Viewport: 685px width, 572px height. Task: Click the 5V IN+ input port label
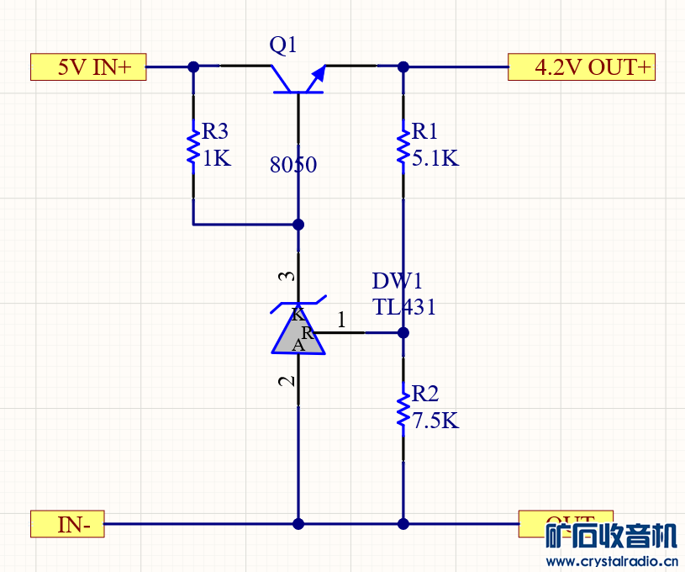point(88,67)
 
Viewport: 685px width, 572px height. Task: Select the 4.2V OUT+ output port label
point(582,67)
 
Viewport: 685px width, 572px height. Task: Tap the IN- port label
point(67,524)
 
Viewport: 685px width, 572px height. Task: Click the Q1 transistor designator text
point(283,45)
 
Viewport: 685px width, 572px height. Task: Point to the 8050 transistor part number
point(293,165)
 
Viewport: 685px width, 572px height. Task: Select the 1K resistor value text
point(216,158)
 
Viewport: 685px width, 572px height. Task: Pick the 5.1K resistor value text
point(435,158)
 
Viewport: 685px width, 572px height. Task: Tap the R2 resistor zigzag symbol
point(403,407)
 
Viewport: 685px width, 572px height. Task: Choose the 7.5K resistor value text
point(435,421)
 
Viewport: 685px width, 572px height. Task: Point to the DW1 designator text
point(397,281)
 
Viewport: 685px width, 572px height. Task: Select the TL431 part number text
point(404,308)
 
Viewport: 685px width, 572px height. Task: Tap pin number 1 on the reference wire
point(341,320)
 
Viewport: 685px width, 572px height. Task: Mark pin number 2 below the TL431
point(287,381)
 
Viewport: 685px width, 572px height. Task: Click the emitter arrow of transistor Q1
point(316,78)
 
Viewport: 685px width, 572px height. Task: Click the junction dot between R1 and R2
point(403,332)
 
